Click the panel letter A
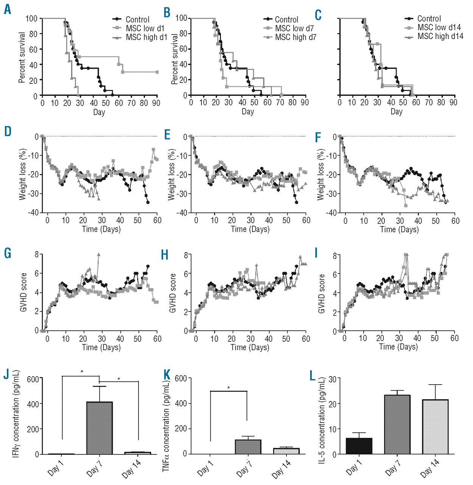pyautogui.click(x=7, y=9)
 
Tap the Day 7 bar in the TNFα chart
pyautogui.click(x=248, y=447)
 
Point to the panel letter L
pyautogui.click(x=312, y=376)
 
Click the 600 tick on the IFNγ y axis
pyautogui.click(x=33, y=379)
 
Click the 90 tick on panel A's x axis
pyautogui.click(x=156, y=103)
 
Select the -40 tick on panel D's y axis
pyautogui.click(x=33, y=213)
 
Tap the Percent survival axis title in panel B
pyautogui.click(x=174, y=59)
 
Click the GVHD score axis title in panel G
pyautogui.click(x=23, y=292)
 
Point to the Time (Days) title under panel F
pyautogui.click(x=399, y=229)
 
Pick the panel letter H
pyautogui.click(x=165, y=255)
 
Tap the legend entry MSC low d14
pyautogui.click(x=439, y=27)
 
